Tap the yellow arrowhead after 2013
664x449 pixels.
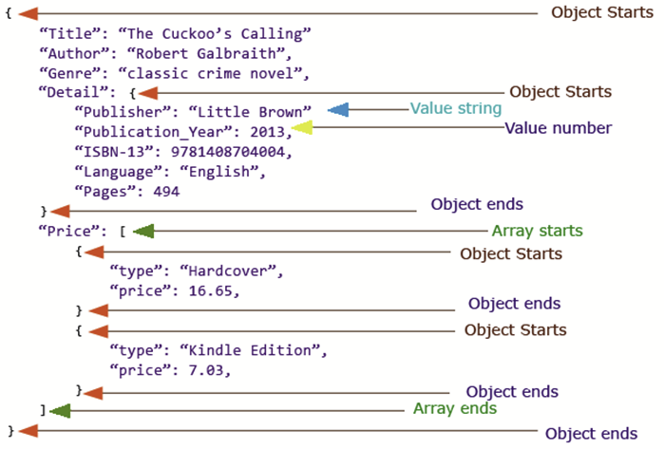(x=302, y=127)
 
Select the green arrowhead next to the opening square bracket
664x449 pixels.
(x=143, y=231)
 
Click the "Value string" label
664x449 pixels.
(x=455, y=109)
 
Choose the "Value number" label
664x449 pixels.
(x=558, y=127)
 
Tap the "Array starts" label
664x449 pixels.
(x=537, y=231)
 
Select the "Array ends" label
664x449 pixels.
(x=454, y=409)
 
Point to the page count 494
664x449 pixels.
(x=166, y=191)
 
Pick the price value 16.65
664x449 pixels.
(x=212, y=290)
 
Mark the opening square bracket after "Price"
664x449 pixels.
(x=123, y=231)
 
